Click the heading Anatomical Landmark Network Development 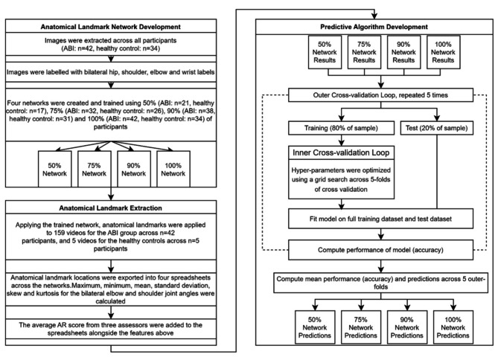pos(110,27)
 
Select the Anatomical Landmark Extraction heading pos(110,208)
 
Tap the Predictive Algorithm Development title pos(374,27)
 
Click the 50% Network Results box pos(325,52)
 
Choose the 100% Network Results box pos(443,52)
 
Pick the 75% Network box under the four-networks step pos(95,169)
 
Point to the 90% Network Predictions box pos(407,327)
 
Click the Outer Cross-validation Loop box pos(380,95)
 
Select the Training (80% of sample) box pos(341,128)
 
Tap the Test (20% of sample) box pos(437,128)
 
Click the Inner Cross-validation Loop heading pos(341,152)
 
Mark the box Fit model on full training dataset pos(380,219)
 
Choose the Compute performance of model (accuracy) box pos(380,250)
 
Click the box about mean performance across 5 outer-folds pos(381,283)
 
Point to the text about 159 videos pos(110,237)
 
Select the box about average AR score pos(111,329)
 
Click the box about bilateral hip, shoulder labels pos(111,72)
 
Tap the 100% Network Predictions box pos(453,327)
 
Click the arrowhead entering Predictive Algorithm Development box pos(374,16)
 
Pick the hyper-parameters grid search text pos(341,180)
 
